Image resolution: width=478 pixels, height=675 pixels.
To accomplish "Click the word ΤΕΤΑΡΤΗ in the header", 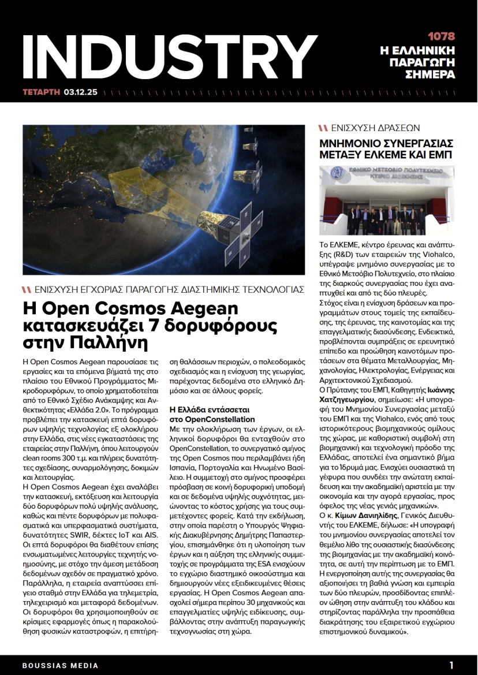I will pyautogui.click(x=41, y=92).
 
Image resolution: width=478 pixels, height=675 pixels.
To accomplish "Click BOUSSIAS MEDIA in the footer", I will pyautogui.click(x=60, y=665).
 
